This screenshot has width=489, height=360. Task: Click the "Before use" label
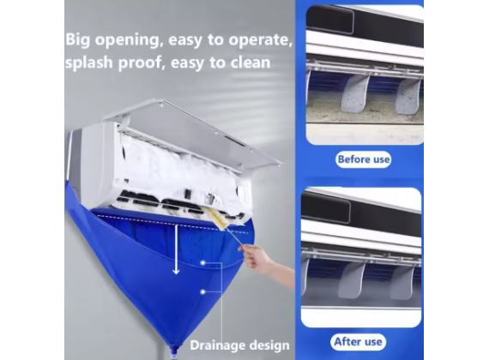pyautogui.click(x=362, y=159)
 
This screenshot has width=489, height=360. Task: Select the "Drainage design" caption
pyautogui.click(x=239, y=345)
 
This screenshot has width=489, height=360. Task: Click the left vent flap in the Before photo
pyautogui.click(x=354, y=94)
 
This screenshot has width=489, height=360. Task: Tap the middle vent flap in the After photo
pyautogui.click(x=351, y=279)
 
